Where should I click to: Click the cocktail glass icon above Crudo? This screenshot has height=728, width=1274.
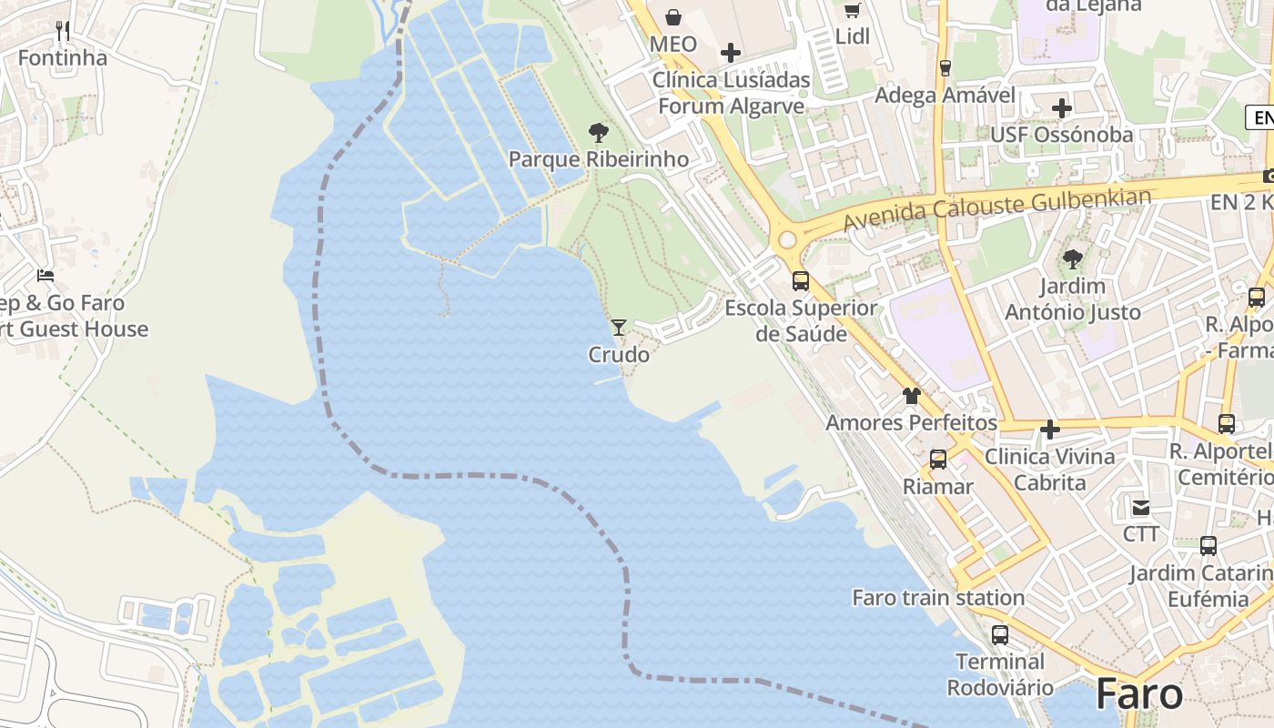click(619, 327)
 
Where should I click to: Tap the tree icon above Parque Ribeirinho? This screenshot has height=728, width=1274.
click(598, 133)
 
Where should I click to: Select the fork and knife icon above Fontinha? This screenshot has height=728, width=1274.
click(63, 31)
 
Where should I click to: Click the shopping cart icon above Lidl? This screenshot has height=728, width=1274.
click(852, 10)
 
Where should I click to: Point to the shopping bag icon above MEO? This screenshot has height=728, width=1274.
click(673, 16)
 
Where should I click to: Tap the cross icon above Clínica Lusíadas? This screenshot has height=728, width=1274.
click(730, 53)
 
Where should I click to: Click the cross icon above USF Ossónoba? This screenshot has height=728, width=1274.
click(1061, 108)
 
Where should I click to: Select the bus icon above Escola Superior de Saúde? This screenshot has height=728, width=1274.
click(801, 280)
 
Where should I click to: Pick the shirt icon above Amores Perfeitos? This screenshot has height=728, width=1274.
click(911, 396)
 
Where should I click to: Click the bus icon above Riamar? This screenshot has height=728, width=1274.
click(938, 460)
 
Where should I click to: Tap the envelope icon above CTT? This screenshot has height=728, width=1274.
click(1140, 507)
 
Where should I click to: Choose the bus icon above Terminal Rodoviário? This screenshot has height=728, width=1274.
click(1000, 634)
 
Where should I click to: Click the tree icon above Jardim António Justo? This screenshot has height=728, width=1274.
click(1073, 259)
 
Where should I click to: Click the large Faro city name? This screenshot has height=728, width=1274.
click(1139, 694)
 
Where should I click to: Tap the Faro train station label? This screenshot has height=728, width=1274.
click(938, 598)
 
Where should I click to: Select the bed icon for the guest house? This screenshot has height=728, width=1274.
click(45, 275)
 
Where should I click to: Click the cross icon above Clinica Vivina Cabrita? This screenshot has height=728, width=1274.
click(1050, 429)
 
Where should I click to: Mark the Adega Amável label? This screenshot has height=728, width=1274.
click(945, 96)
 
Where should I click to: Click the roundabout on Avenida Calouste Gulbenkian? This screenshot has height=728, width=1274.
click(787, 241)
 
